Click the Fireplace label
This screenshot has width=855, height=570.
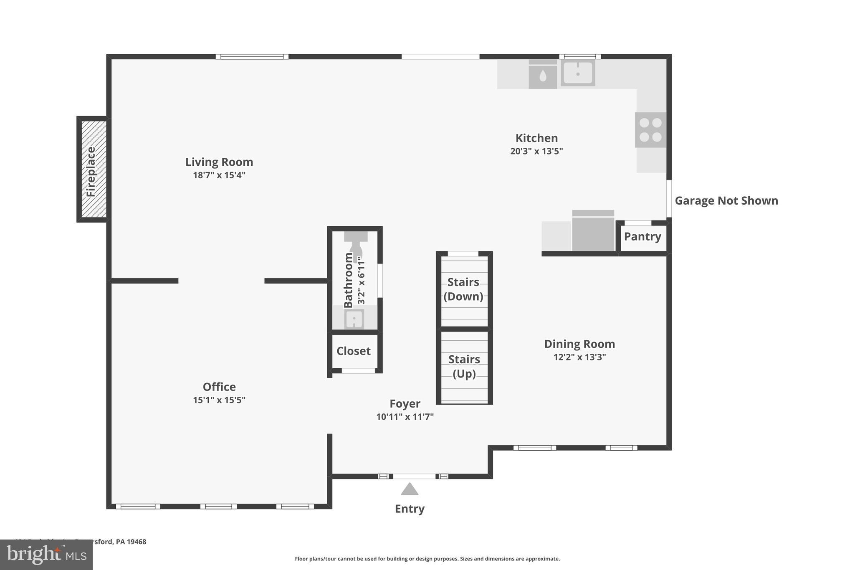point(91,172)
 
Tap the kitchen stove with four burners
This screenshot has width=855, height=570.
point(650,130)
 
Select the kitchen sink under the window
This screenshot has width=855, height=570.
point(578,73)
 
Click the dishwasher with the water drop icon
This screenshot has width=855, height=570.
point(543,75)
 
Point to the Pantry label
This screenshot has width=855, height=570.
point(643,236)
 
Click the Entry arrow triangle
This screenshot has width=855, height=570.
point(410,489)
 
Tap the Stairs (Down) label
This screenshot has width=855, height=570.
point(463,289)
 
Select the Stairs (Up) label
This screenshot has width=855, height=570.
point(464,366)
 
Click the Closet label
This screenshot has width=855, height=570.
point(354,351)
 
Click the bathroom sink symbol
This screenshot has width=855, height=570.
point(354,319)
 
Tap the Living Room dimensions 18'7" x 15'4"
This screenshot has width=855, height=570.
point(219,175)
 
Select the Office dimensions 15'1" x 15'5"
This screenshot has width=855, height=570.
point(219,400)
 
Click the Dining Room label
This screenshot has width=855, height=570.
point(579,344)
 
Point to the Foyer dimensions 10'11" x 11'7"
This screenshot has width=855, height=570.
point(405,417)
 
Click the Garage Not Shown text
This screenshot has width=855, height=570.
point(726,201)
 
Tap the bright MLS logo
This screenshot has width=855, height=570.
point(46,555)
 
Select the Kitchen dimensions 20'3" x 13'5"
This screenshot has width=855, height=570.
point(536,151)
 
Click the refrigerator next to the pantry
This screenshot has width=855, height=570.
point(593,232)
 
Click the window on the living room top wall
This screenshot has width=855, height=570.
point(252,57)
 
